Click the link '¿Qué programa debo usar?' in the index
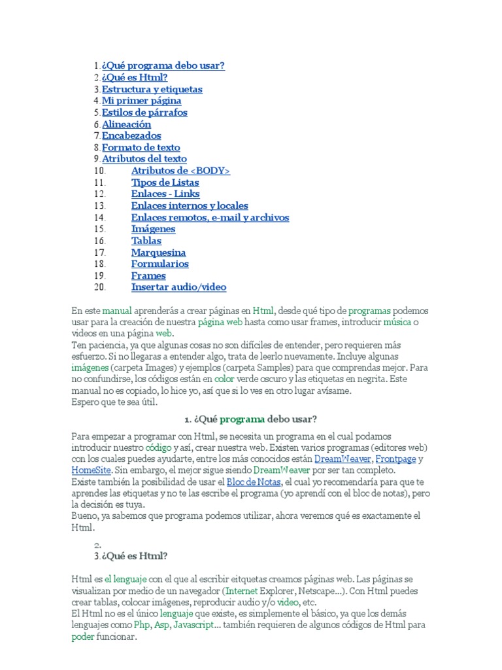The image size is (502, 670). pyautogui.click(x=163, y=66)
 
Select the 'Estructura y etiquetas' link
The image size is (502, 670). pyautogui.click(x=152, y=89)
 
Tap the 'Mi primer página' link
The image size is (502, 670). pyautogui.click(x=142, y=101)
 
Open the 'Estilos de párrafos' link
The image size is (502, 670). pyautogui.click(x=144, y=113)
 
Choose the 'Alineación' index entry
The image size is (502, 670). pyautogui.click(x=126, y=124)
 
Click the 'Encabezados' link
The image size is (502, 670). pyautogui.click(x=131, y=135)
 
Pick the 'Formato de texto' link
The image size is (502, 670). pyautogui.click(x=141, y=147)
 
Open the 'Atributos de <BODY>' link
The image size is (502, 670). pyautogui.click(x=180, y=171)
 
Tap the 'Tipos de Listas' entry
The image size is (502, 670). pyautogui.click(x=165, y=183)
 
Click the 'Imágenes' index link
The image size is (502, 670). pyautogui.click(x=153, y=229)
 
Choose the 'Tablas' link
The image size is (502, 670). pyautogui.click(x=146, y=241)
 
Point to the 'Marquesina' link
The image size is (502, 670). pyautogui.click(x=158, y=253)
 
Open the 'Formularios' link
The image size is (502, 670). pyautogui.click(x=159, y=264)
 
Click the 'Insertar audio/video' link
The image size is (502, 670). pyautogui.click(x=178, y=287)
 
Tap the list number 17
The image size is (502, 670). pyautogui.click(x=99, y=253)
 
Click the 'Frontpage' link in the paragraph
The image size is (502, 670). pyautogui.click(x=395, y=459)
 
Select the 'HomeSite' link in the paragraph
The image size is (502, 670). pyautogui.click(x=92, y=470)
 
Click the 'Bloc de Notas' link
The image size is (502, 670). pyautogui.click(x=254, y=482)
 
